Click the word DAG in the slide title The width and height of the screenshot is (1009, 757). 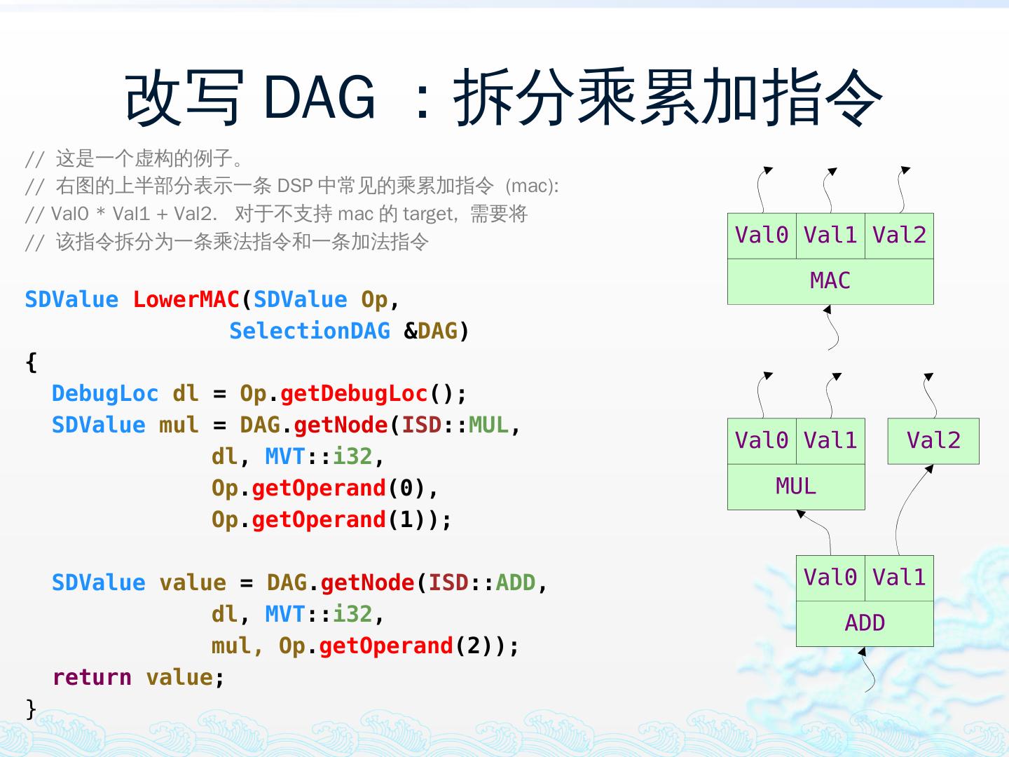pyautogui.click(x=320, y=97)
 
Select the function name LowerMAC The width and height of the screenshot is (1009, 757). pyautogui.click(x=186, y=299)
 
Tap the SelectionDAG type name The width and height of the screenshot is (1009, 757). pyautogui.click(x=309, y=331)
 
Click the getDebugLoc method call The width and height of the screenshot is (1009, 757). pyautogui.click(x=354, y=393)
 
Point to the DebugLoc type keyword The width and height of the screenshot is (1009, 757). pyautogui.click(x=105, y=393)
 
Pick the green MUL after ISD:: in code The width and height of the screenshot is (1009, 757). pyautogui.click(x=488, y=425)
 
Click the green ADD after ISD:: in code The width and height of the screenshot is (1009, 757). pyautogui.click(x=515, y=582)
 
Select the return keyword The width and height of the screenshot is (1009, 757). pyautogui.click(x=92, y=677)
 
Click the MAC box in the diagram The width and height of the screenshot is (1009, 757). pyautogui.click(x=830, y=281)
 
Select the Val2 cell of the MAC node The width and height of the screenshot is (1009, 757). pyautogui.click(x=899, y=236)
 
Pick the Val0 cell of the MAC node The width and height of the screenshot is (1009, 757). pyautogui.click(x=762, y=236)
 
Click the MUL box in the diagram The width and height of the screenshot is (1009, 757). pyautogui.click(x=796, y=486)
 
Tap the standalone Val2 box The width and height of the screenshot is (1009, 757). pyautogui.click(x=933, y=441)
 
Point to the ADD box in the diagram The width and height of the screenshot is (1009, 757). pyautogui.click(x=865, y=623)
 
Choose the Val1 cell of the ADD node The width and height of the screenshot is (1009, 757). pyautogui.click(x=899, y=578)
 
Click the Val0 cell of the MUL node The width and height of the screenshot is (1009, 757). pyautogui.click(x=762, y=441)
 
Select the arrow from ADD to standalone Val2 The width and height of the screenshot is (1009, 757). pyautogui.click(x=907, y=508)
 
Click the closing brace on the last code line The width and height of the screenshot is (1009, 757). pyautogui.click(x=31, y=708)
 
